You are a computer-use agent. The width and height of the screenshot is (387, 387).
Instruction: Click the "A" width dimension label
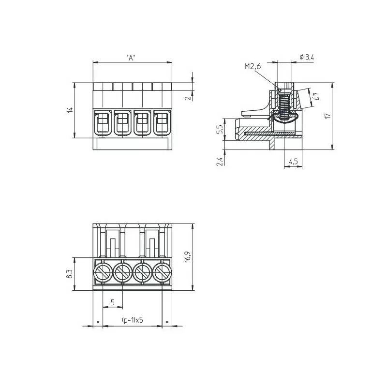click(x=131, y=58)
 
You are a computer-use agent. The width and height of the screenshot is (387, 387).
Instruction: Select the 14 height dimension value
click(x=70, y=110)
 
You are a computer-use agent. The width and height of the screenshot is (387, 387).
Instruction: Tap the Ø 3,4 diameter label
click(x=307, y=58)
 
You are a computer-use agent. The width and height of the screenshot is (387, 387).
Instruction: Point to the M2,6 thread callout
click(x=253, y=66)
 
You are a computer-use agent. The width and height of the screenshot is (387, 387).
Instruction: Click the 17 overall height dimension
click(x=327, y=116)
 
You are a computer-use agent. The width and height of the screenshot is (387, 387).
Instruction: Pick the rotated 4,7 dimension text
click(x=315, y=96)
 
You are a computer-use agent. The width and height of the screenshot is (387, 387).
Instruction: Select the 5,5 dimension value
click(x=220, y=129)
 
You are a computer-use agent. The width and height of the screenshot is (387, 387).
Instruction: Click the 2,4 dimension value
click(x=220, y=162)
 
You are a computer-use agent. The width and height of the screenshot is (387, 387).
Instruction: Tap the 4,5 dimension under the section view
click(x=293, y=162)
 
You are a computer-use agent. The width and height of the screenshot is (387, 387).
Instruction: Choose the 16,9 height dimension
click(x=188, y=257)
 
